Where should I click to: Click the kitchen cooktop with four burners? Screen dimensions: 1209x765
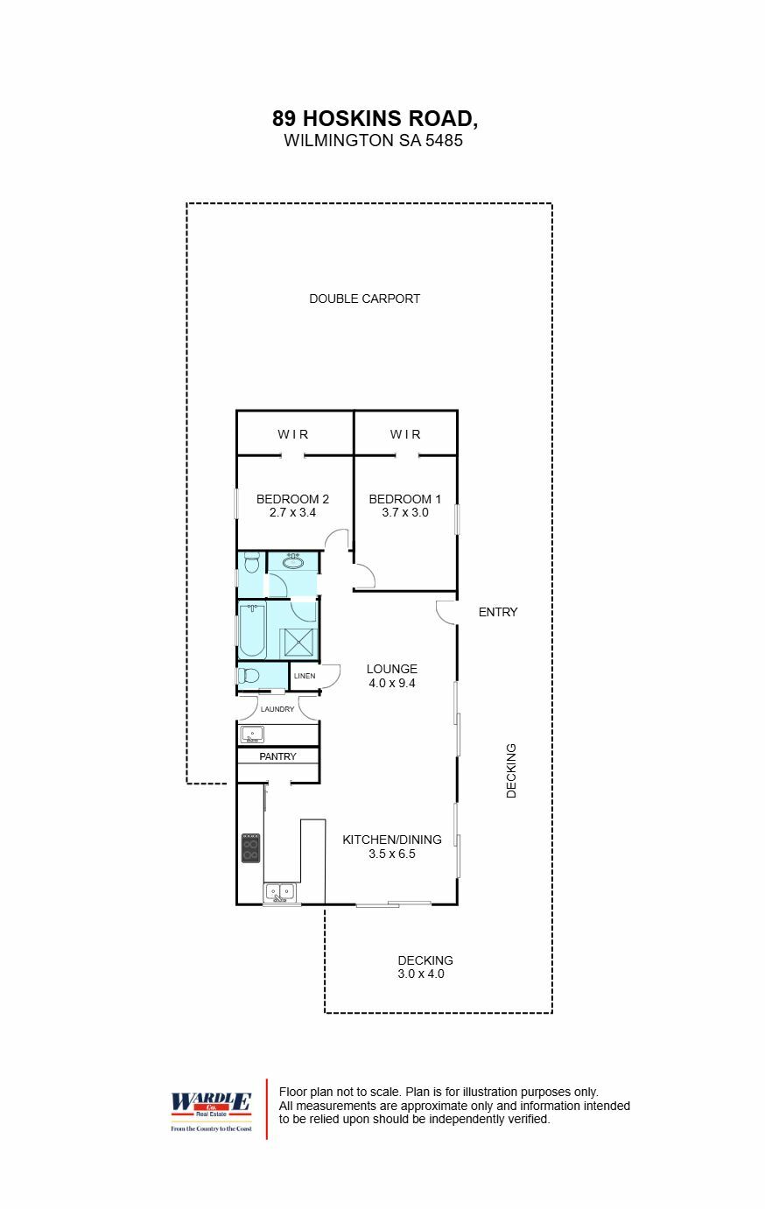(250, 848)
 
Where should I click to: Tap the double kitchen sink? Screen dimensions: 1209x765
(281, 893)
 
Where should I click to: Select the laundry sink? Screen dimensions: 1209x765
(252, 735)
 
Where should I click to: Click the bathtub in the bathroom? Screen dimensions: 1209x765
(253, 629)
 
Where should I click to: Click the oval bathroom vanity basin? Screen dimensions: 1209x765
(293, 562)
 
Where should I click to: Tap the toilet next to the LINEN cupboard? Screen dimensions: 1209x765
(249, 676)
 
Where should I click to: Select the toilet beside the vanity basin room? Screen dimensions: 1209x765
(251, 560)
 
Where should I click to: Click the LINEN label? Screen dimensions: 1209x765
(305, 676)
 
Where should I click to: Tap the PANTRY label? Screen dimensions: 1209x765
(277, 756)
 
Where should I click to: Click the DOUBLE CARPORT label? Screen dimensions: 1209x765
(364, 299)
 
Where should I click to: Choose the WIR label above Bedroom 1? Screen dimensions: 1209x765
(405, 434)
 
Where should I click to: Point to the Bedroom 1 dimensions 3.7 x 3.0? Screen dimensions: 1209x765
(405, 513)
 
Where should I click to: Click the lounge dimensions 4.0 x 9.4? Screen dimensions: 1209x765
(391, 683)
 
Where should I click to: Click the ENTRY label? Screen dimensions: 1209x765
(498, 612)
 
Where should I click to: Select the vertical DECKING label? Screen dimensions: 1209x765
(512, 771)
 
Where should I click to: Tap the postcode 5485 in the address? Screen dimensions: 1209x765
(444, 140)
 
